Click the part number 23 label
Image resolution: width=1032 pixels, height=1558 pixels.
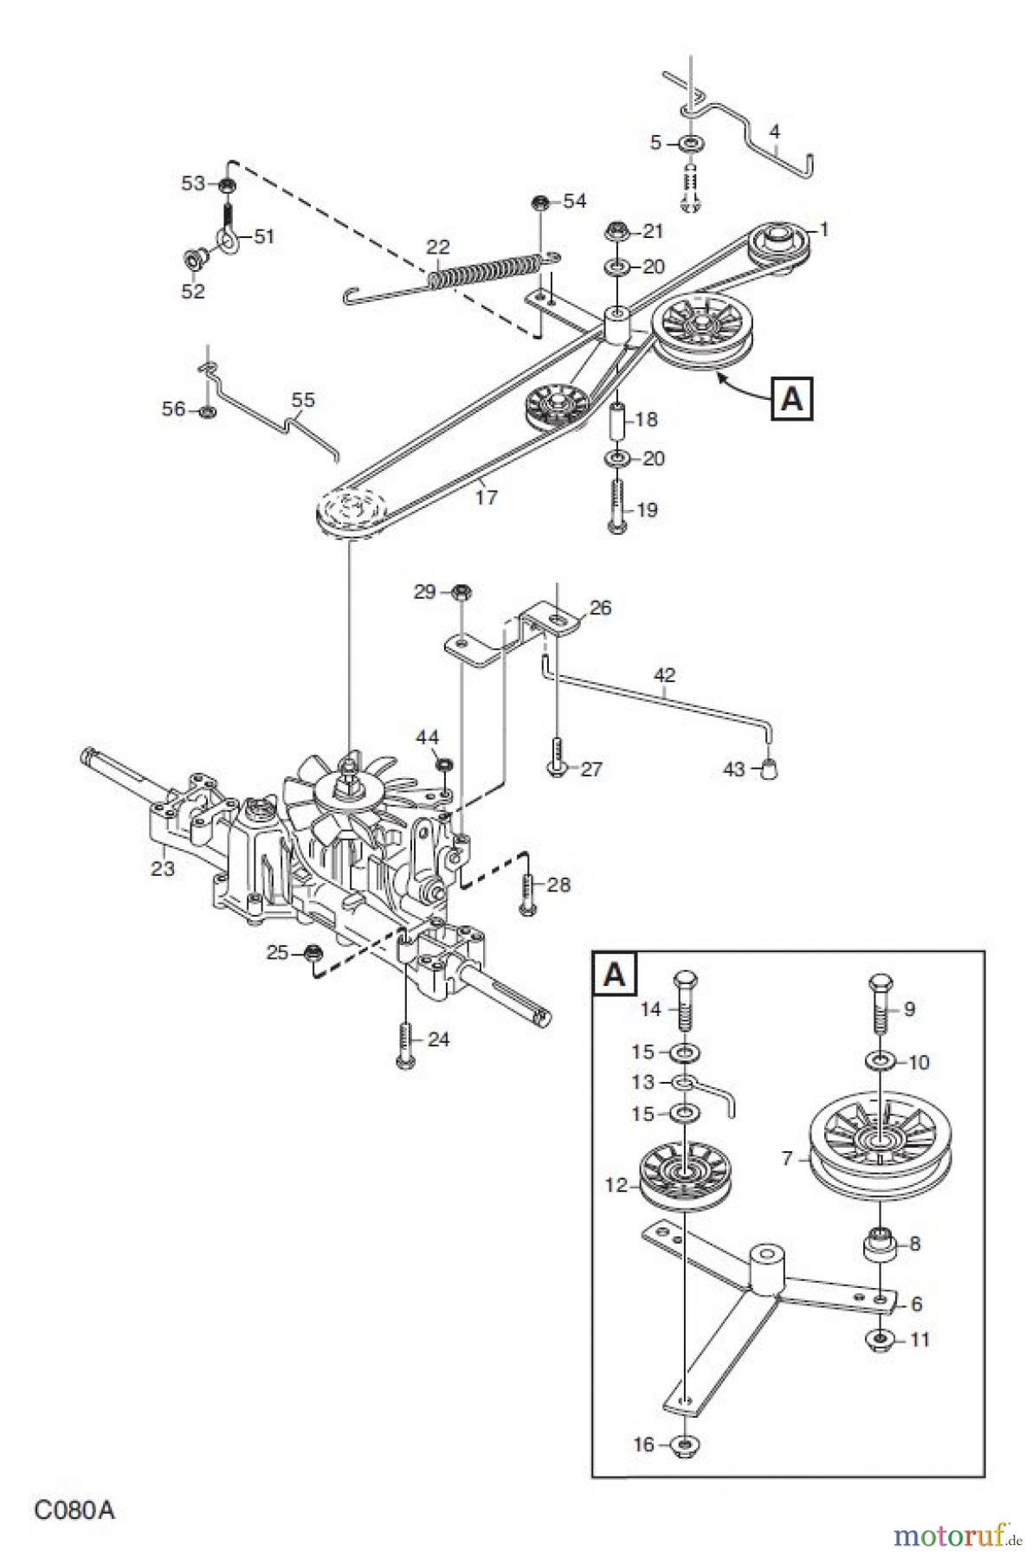pyautogui.click(x=163, y=867)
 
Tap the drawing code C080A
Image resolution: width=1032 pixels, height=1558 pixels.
pyautogui.click(x=74, y=1510)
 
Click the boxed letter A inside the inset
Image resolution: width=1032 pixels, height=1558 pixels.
pyautogui.click(x=614, y=974)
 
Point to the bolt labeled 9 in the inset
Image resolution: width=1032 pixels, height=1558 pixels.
pyautogui.click(x=879, y=1003)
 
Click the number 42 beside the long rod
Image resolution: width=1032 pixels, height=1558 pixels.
pyautogui.click(x=664, y=674)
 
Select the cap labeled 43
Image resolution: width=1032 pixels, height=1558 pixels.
pyautogui.click(x=768, y=768)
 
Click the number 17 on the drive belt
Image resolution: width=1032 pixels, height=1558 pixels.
pyautogui.click(x=486, y=497)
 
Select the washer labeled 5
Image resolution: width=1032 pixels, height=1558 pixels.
pyautogui.click(x=691, y=143)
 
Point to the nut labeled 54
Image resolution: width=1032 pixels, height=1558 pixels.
pyautogui.click(x=539, y=203)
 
